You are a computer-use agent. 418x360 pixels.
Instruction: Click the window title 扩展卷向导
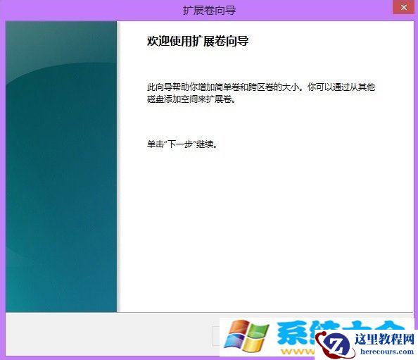point(208,10)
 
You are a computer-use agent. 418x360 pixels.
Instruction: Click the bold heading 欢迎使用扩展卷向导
point(198,42)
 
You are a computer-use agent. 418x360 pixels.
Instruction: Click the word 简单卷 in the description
point(231,87)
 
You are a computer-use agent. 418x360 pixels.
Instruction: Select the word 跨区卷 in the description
point(268,87)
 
